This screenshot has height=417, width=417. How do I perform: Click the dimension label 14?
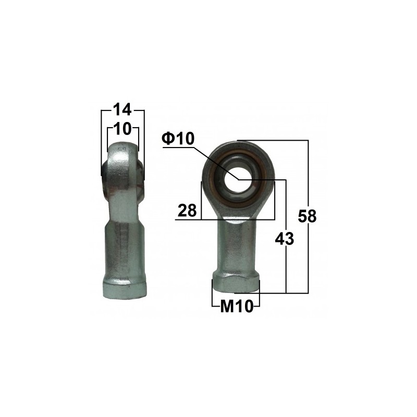point(122,110)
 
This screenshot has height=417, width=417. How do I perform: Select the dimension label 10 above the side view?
point(123,128)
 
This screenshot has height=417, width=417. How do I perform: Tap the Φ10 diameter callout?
point(178,139)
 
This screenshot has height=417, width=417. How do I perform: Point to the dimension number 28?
point(187,211)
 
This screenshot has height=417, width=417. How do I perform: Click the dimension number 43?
point(285,239)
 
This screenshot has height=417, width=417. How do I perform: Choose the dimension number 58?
point(308,216)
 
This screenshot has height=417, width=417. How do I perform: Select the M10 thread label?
point(236,307)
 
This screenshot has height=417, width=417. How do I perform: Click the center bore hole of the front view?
point(238,179)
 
